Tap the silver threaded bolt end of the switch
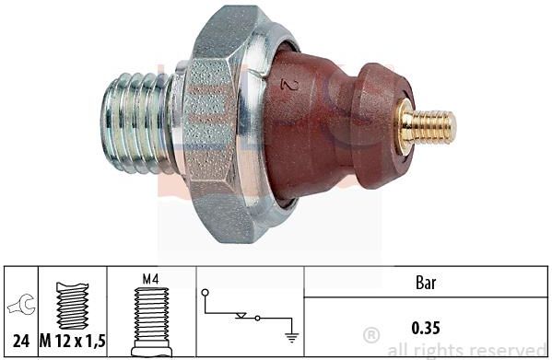coord(137,123)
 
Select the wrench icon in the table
coord(21,304)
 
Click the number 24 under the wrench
coord(21,341)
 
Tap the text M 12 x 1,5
coord(73,341)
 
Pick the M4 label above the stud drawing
coord(151,280)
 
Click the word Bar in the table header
coord(426,283)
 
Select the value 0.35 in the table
coord(426,328)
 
